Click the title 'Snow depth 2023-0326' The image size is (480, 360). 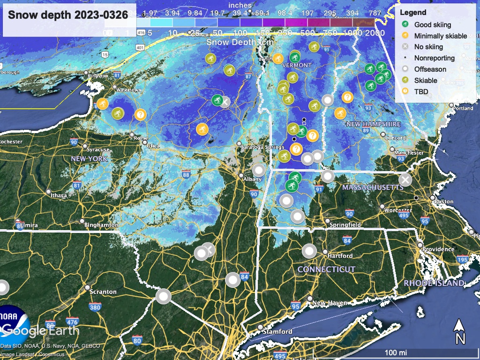[x=68, y=15]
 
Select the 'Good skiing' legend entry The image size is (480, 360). [x=432, y=25]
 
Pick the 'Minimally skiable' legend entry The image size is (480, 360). [x=440, y=36]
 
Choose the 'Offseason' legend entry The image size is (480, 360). [x=430, y=69]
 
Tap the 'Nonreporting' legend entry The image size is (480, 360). [x=434, y=58]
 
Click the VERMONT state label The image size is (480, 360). [x=297, y=65]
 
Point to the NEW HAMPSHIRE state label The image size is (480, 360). [x=373, y=124]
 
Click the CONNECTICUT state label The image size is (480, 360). [x=326, y=270]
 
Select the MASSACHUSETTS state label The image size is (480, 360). [x=373, y=187]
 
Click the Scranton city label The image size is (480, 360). [x=103, y=292]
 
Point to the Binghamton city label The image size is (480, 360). [x=101, y=225]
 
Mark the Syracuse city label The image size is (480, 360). [x=98, y=150]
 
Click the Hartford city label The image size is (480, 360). [x=340, y=256]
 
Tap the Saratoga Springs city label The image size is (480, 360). [x=262, y=147]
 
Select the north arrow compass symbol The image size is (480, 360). [x=460, y=331]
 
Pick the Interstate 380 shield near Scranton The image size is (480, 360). [x=95, y=307]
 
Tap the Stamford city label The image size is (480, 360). [x=277, y=331]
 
